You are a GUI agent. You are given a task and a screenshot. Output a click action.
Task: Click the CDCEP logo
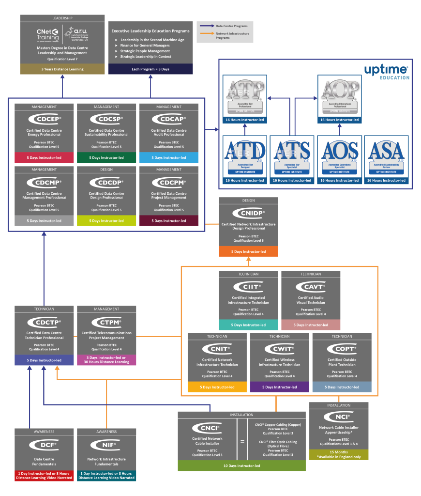point(44,119)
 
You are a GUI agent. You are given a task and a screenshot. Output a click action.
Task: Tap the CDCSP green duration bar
point(106,157)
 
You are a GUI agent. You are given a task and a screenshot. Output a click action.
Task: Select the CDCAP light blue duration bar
point(169,157)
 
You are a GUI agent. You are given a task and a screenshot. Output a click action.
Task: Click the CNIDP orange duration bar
point(248,251)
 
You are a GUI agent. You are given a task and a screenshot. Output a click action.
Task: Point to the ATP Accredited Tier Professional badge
point(245,95)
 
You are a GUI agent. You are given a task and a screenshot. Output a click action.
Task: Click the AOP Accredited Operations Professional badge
point(339,95)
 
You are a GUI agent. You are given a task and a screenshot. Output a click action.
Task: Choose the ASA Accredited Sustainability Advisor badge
point(386,156)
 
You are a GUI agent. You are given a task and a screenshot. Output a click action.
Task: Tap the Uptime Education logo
point(387,72)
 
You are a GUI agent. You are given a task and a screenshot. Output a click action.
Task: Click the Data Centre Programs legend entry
point(225,26)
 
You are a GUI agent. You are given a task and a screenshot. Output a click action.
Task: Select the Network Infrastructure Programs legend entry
point(225,36)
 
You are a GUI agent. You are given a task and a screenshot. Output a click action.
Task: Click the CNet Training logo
point(47,34)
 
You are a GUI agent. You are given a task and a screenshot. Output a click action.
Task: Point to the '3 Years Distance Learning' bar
point(62,69)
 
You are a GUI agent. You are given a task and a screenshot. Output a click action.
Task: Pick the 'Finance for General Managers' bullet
point(145,46)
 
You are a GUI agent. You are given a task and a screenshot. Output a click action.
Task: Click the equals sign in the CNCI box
point(242,441)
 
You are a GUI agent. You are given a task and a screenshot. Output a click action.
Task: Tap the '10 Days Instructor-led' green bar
point(242,465)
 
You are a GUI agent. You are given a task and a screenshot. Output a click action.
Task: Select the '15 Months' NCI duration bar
point(339,454)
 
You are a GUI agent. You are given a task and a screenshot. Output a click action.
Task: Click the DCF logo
point(44,444)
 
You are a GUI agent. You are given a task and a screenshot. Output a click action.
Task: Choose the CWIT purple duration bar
point(279,387)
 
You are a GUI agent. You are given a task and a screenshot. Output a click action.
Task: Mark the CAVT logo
point(311,287)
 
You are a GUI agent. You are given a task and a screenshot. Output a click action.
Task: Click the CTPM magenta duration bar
point(106,359)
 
